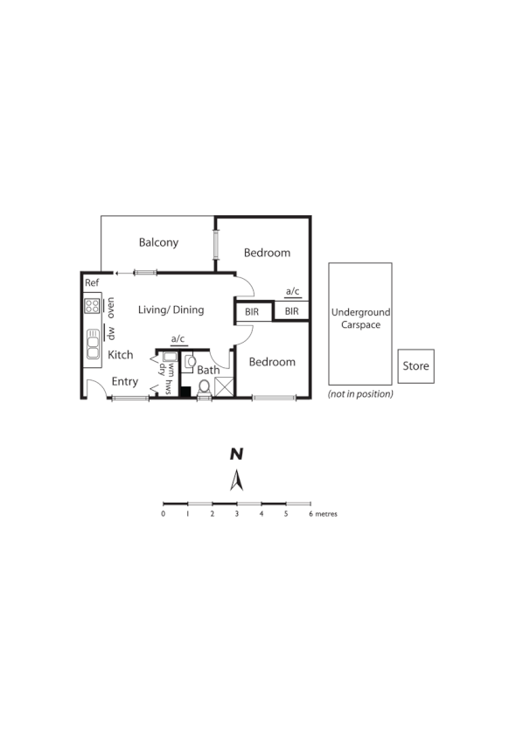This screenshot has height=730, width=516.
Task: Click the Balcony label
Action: pos(158,242)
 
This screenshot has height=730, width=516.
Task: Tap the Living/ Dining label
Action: pos(171,309)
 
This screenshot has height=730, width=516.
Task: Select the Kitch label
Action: pos(120,355)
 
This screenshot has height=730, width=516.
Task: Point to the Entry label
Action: pos(125,381)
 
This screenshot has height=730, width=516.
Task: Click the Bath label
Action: pos(208,370)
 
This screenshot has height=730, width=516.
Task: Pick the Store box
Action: pos(415,366)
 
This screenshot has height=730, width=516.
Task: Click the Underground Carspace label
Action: pos(360,318)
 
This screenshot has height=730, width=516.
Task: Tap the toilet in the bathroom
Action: pos(205,386)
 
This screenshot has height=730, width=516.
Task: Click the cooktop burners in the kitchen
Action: pos(92,306)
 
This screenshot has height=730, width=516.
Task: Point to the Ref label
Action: pos(92,282)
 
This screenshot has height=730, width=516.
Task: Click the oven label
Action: pos(111,306)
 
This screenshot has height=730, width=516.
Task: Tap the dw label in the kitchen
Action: pos(111,332)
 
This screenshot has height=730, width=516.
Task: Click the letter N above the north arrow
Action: pos(236,454)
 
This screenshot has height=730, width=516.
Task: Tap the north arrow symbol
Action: pos(236,480)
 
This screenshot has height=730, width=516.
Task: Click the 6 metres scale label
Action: pos(323,514)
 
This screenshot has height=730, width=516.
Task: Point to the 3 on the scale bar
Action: pos(237,514)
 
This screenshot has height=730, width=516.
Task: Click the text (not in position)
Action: pos(360,394)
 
